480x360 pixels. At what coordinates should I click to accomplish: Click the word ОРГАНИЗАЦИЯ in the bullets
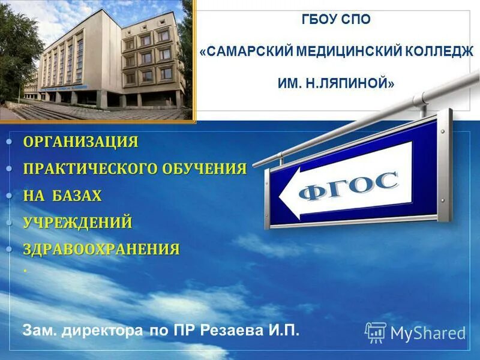coord(81,142)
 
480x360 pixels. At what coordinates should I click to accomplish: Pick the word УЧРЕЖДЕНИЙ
coord(78,223)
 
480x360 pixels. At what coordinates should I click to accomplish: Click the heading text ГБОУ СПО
coord(335,20)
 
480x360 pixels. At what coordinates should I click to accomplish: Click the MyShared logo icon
coord(375,332)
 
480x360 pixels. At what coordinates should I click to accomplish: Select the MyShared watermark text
coord(428,333)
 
